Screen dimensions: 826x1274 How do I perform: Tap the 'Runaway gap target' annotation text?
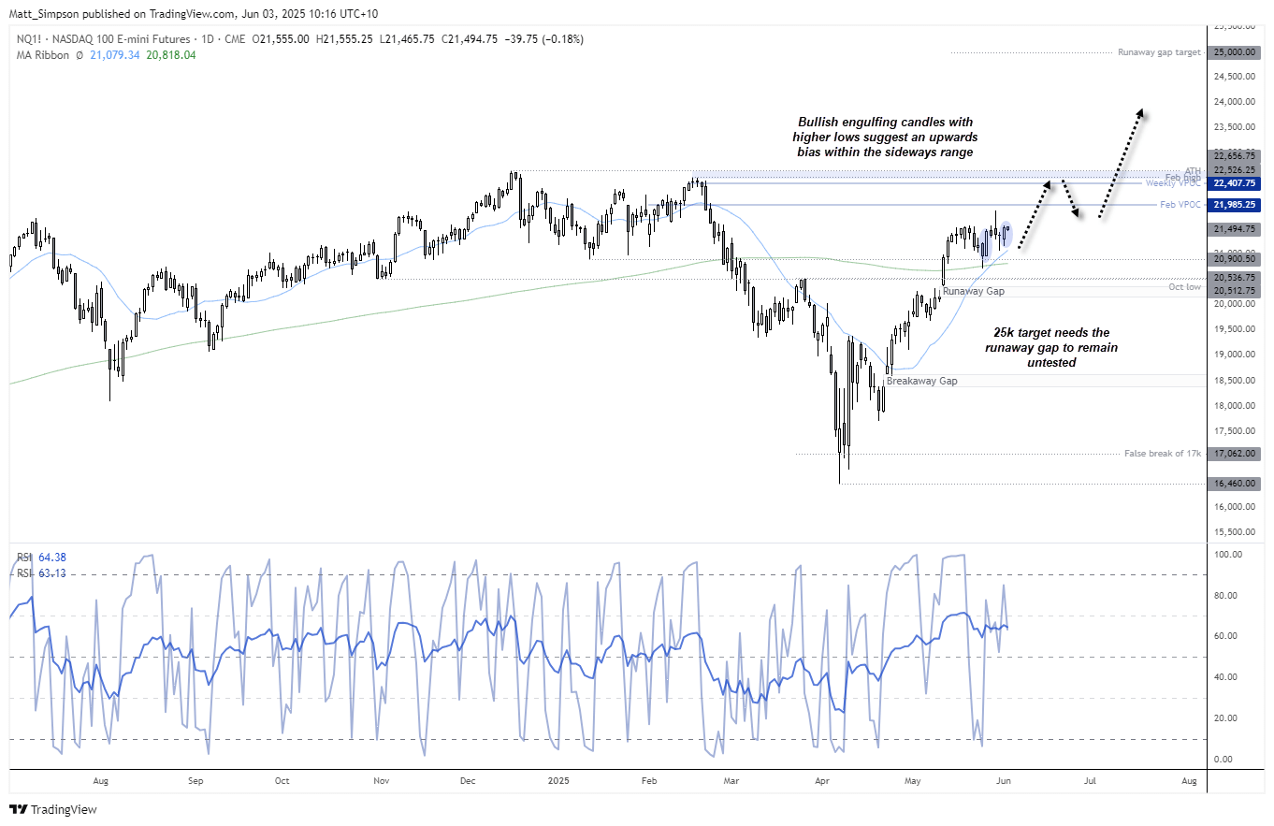tap(1159, 52)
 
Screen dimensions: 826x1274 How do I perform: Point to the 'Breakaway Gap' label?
tap(921, 381)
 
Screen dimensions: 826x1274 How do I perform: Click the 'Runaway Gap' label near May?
tap(973, 292)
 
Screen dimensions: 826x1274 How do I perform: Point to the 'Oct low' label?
tap(1185, 286)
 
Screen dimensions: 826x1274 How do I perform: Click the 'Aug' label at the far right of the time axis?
tap(1189, 779)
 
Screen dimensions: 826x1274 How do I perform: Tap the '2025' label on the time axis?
tap(557, 779)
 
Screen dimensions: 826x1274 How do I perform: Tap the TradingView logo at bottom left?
tap(53, 809)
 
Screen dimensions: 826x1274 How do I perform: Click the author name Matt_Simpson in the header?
tap(39, 13)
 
